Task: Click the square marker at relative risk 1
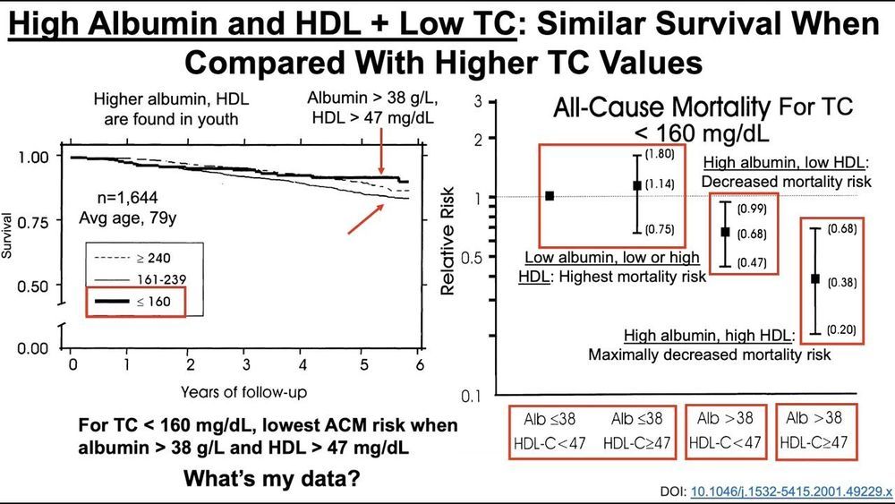(x=549, y=195)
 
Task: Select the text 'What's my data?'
(x=272, y=478)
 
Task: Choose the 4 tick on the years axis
(x=302, y=365)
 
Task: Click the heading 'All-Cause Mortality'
(x=661, y=110)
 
